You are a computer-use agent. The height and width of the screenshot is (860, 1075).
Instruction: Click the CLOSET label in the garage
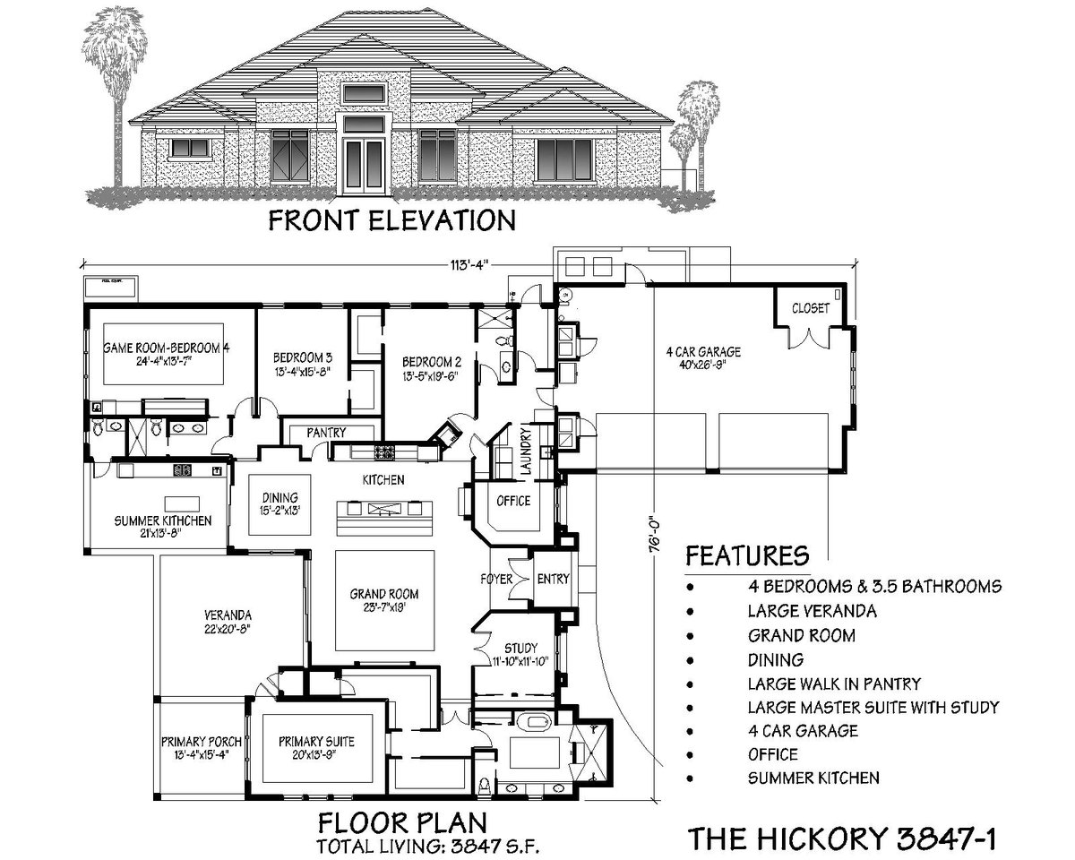[x=810, y=308]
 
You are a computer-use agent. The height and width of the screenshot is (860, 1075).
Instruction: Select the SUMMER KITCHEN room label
[x=162, y=520]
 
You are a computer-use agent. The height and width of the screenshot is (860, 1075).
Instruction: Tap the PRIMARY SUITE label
[x=316, y=742]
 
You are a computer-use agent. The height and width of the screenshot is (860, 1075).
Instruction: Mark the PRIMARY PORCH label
[x=202, y=742]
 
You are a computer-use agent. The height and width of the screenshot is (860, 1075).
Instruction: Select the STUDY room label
[x=520, y=648]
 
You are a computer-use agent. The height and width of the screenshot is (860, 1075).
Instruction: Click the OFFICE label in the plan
[x=513, y=501]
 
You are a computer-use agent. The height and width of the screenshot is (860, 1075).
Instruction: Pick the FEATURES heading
[x=747, y=555]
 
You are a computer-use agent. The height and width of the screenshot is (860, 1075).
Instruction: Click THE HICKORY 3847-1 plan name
[x=841, y=838]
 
